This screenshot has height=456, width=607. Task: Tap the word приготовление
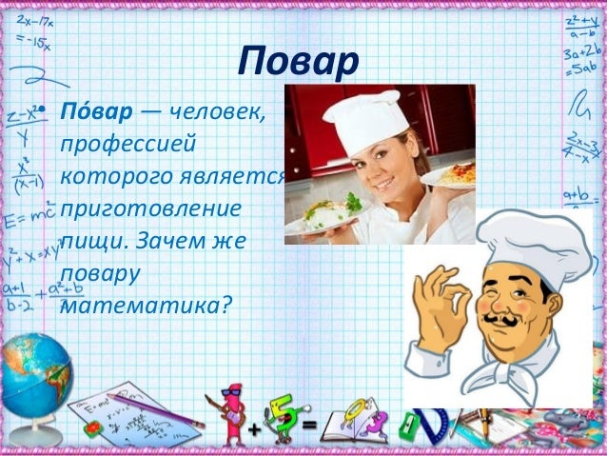pyautogui.click(x=151, y=208)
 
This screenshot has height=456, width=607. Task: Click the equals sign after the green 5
pyautogui.click(x=309, y=423)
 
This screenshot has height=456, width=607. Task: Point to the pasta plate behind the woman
pyautogui.click(x=453, y=171)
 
